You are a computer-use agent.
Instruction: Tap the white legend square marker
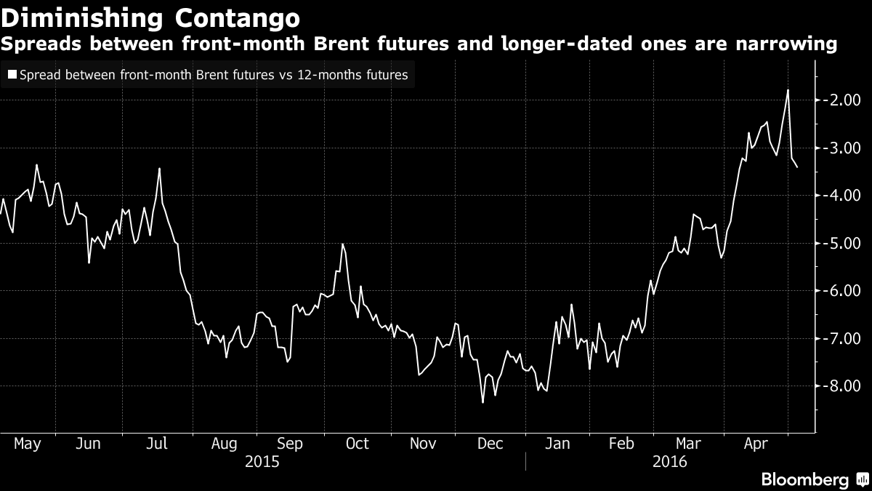coord(12,74)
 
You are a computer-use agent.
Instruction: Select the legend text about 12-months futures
coord(214,74)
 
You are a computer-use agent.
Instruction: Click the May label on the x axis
coord(28,444)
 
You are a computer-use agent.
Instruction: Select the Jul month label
coord(158,444)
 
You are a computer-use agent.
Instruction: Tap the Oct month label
coord(357,444)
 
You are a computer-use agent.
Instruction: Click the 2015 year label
coord(262,461)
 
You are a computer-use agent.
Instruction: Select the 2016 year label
coord(670,461)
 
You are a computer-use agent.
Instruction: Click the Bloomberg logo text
coord(804,479)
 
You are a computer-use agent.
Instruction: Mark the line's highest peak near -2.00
coord(788,90)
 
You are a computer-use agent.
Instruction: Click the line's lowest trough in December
coord(483,402)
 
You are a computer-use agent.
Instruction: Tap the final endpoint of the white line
coord(798,167)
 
